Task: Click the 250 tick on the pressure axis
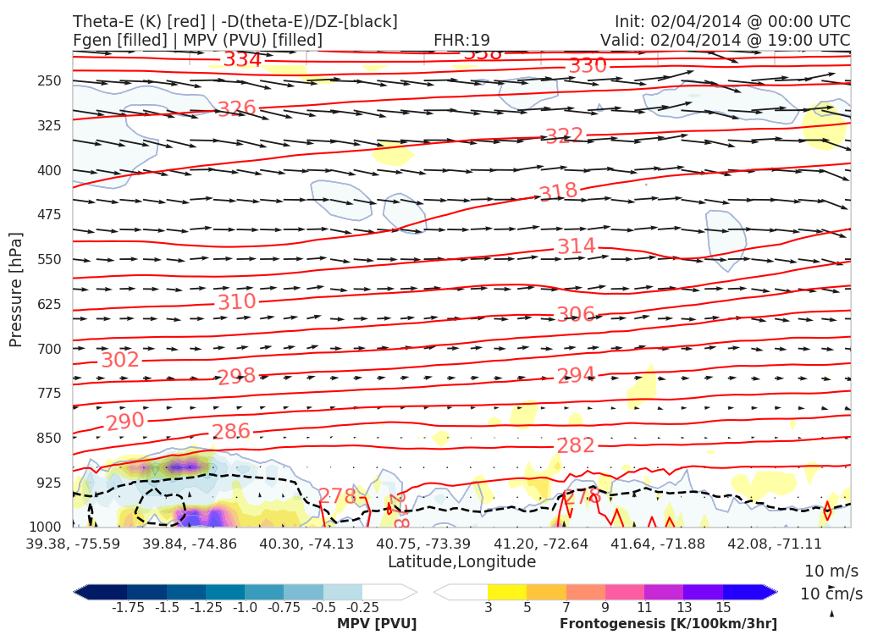point(50,81)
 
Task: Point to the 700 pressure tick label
point(50,349)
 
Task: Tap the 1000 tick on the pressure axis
point(47,527)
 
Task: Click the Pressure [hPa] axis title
point(16,289)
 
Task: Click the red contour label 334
point(242,60)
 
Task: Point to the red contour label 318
point(558,192)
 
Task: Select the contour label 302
point(119,360)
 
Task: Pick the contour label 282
point(576,445)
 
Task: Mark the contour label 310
point(236,302)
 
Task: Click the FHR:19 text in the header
point(461,41)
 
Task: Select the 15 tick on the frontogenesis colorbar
point(722,607)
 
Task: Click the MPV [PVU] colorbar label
point(377,624)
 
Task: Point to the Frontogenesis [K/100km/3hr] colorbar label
point(668,624)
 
